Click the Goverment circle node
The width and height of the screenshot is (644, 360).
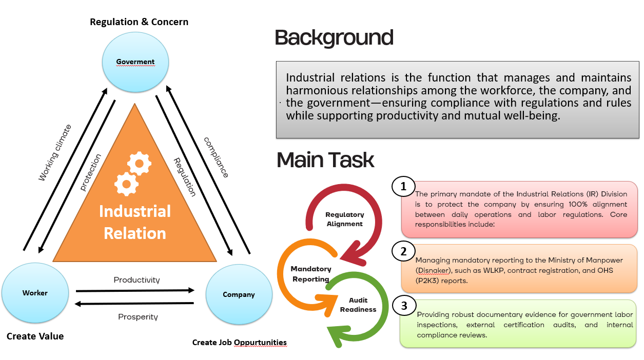[x=135, y=62]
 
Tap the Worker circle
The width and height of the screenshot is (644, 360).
[x=35, y=293]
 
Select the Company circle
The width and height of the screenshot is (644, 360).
[x=239, y=294]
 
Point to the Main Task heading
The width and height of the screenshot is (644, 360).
[x=325, y=160]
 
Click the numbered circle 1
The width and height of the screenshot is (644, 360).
[x=403, y=187]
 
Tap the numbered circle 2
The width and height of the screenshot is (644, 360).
[x=403, y=251]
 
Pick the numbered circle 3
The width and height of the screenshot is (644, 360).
[x=404, y=306]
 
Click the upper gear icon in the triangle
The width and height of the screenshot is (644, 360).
[x=140, y=163]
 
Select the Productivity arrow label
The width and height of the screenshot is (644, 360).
[x=136, y=280]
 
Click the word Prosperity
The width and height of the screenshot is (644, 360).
[x=138, y=317]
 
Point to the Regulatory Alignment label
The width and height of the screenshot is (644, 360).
[x=345, y=219]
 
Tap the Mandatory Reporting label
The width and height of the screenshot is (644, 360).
[x=311, y=274]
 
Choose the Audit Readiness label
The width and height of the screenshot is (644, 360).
[x=358, y=305]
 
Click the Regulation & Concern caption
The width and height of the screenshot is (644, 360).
[x=139, y=22]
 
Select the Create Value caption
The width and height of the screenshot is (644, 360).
[x=35, y=336]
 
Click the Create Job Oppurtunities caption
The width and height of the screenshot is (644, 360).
[x=240, y=343]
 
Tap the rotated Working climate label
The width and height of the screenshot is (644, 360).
[x=54, y=152]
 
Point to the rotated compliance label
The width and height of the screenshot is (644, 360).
[x=216, y=157]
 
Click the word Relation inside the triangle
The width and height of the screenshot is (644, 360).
[x=135, y=233]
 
